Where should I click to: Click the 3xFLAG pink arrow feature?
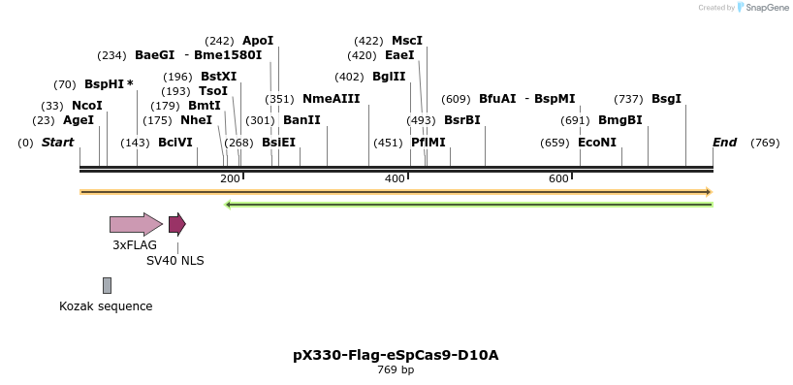click(x=135, y=225)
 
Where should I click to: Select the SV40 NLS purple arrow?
click(x=176, y=225)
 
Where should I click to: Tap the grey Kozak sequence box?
click(x=107, y=285)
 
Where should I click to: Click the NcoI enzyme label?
click(x=86, y=105)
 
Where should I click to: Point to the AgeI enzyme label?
click(x=78, y=120)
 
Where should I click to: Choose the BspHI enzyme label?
click(x=105, y=84)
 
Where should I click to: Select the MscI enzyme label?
click(x=406, y=41)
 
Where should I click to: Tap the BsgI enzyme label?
click(x=666, y=99)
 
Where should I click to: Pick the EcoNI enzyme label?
click(x=596, y=143)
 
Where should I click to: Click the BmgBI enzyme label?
click(x=619, y=120)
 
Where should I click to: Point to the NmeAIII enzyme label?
click(x=331, y=99)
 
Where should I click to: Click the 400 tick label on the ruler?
click(x=395, y=178)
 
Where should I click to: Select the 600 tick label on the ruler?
click(x=558, y=178)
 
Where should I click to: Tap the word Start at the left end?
click(x=57, y=143)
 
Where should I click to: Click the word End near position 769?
click(x=724, y=143)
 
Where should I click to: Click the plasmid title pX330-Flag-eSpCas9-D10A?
click(x=396, y=355)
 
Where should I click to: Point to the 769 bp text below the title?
click(x=396, y=369)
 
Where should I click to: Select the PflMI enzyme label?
click(x=428, y=143)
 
